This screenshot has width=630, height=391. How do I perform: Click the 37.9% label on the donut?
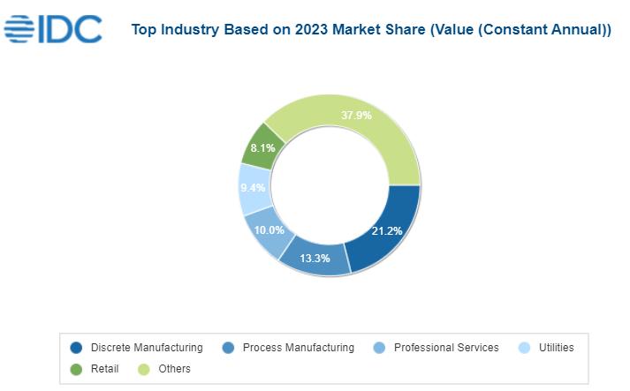(356, 116)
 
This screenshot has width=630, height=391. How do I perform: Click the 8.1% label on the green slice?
(263, 148)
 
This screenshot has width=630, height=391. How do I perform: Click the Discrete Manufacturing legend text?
(147, 348)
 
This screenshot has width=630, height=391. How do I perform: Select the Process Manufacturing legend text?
(298, 348)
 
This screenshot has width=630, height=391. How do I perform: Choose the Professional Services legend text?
(446, 348)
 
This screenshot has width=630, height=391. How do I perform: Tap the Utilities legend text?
(557, 348)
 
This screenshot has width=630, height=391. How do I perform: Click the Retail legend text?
(104, 369)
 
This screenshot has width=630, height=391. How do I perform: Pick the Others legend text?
(174, 369)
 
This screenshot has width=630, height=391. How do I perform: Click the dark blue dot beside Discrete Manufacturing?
(77, 348)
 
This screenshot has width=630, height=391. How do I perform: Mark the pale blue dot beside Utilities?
(525, 348)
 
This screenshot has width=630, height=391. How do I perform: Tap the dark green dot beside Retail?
(77, 369)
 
